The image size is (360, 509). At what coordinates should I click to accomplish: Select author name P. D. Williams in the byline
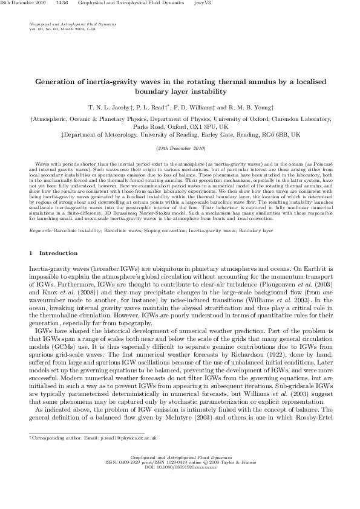(x=189, y=105)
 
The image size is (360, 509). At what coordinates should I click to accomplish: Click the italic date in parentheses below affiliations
(x=180, y=148)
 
